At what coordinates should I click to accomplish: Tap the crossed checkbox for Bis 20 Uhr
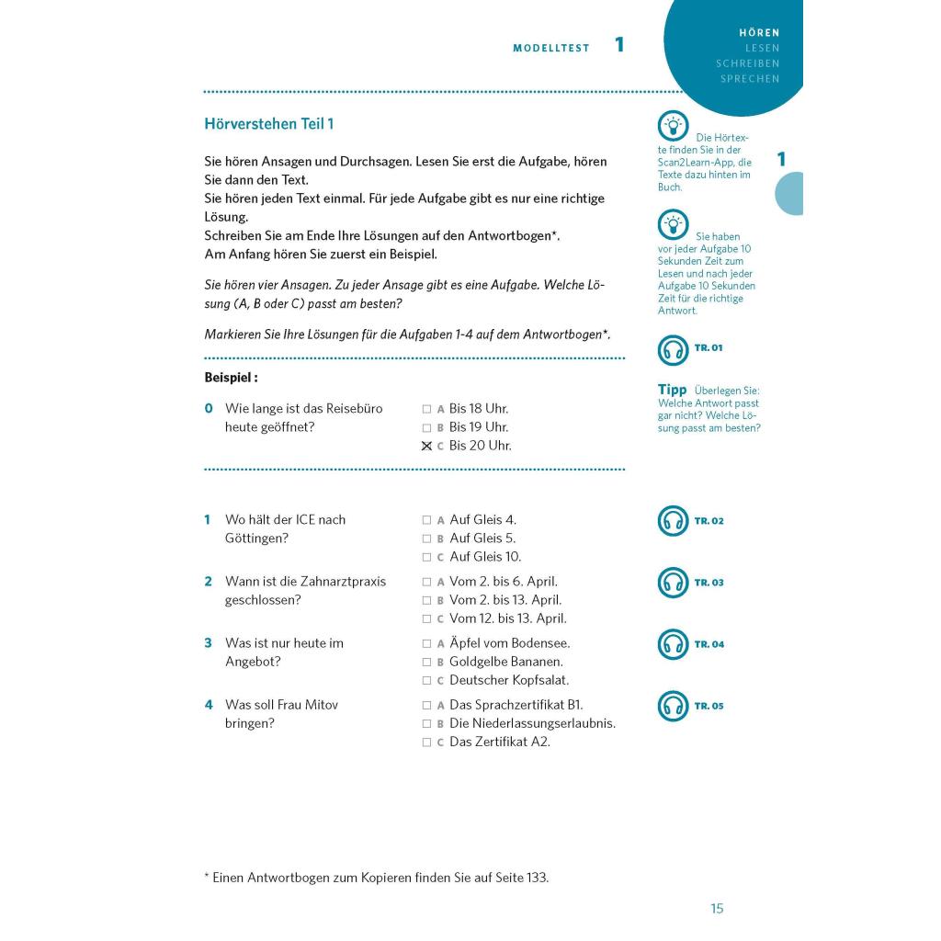point(426,447)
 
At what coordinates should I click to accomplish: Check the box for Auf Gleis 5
point(426,539)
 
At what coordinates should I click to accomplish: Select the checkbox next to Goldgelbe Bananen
point(426,663)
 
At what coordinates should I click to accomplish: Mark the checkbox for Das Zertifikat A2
point(426,743)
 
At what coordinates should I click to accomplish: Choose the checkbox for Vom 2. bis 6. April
point(426,583)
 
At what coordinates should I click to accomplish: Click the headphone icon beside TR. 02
point(673,521)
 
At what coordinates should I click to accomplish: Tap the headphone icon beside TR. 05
point(673,707)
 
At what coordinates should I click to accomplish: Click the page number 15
point(717,909)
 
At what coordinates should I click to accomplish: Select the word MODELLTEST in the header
point(551,49)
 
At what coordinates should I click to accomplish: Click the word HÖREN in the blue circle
point(759,33)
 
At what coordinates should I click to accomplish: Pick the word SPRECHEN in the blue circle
point(750,79)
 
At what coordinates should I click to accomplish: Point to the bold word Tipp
point(672,390)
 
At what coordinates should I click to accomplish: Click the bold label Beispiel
point(230,378)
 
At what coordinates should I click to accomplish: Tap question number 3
point(208,643)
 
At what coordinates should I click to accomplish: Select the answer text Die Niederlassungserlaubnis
point(532,723)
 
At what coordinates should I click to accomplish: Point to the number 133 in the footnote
point(537,878)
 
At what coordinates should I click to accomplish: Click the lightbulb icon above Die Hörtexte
point(673,126)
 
